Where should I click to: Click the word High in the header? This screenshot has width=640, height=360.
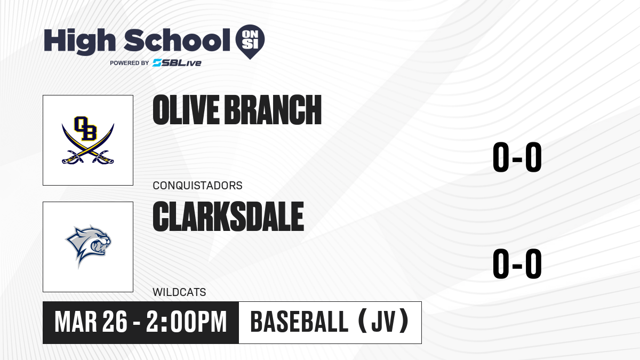[80, 42]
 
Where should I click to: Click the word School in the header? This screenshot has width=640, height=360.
[177, 40]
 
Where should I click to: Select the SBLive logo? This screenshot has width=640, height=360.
[177, 63]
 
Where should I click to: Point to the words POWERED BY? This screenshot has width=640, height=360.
[130, 63]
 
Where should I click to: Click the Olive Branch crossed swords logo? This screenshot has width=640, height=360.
[88, 140]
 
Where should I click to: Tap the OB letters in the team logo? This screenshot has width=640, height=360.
[85, 129]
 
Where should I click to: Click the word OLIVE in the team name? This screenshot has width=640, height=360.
[186, 110]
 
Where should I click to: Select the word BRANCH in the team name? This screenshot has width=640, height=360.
[273, 110]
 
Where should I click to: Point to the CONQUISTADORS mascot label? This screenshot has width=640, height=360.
[197, 186]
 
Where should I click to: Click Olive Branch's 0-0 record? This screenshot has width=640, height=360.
[517, 157]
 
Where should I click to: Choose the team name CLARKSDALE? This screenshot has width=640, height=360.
[228, 217]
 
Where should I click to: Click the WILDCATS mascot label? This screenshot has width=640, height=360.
[179, 292]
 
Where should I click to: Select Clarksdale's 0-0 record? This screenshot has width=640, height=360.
[517, 263]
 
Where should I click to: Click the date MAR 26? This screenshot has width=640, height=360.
[91, 322]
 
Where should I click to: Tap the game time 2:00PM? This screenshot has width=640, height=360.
[187, 322]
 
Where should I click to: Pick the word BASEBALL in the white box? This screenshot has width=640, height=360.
[299, 322]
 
